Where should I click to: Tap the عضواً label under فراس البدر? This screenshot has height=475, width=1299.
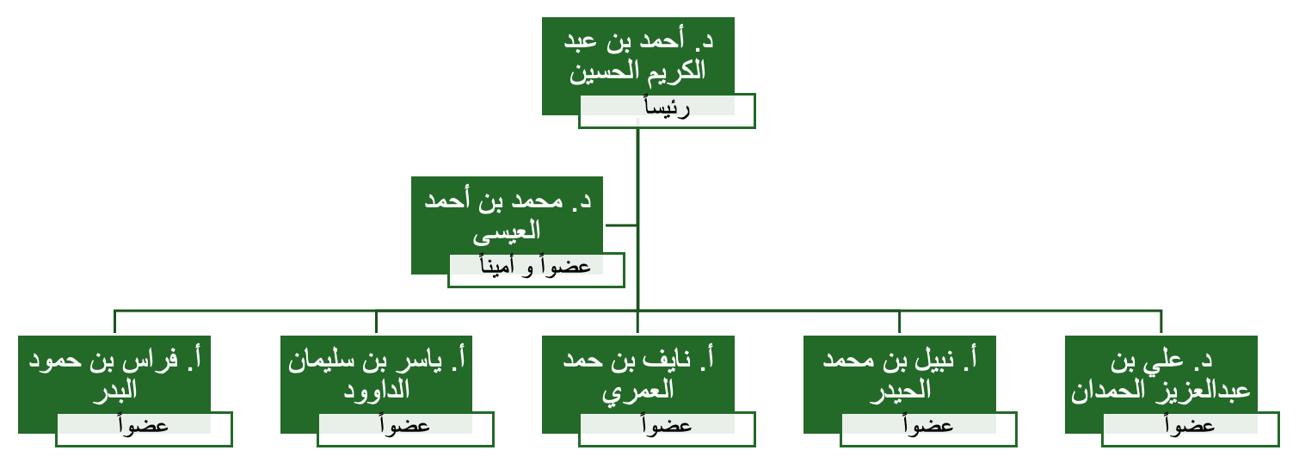pos(144,429)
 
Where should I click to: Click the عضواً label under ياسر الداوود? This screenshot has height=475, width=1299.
pos(405,429)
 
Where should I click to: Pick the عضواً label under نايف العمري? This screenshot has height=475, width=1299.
pos(667,429)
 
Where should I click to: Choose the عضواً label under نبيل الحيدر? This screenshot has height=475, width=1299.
pos(928,429)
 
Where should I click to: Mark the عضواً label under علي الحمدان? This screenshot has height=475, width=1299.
pos(1190,429)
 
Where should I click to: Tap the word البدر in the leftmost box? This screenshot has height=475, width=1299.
pos(114,391)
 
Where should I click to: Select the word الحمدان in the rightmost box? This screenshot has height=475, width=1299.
pos(1108,391)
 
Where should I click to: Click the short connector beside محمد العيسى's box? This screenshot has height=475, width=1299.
pos(621,225)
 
